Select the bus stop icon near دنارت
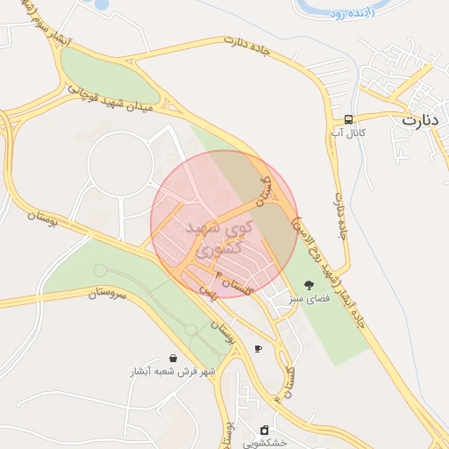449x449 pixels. click(349, 118)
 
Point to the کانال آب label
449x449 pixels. click(347, 132)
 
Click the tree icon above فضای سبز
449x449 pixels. click(308, 285)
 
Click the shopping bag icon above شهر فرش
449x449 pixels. click(173, 358)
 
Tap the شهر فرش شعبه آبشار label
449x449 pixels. click(173, 372)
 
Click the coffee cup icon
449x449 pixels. click(258, 349)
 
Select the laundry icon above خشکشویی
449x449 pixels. click(264, 430)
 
